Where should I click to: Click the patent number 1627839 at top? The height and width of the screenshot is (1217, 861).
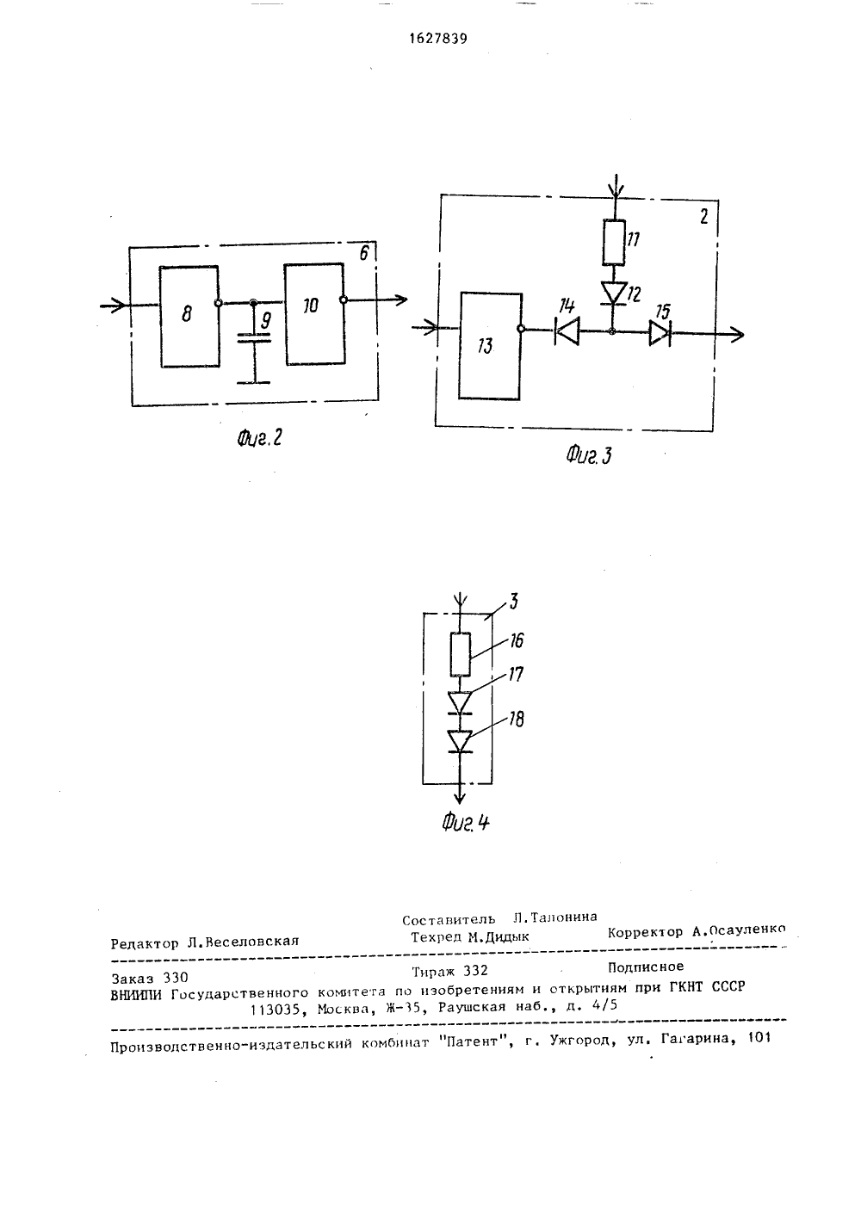coord(437,39)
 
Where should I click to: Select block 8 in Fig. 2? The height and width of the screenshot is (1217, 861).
coord(189,316)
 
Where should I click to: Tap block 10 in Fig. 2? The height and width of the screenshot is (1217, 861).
coord(315,313)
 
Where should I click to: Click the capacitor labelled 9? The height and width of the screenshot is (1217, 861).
coord(254,338)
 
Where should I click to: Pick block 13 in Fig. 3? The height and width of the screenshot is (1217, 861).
coord(490,346)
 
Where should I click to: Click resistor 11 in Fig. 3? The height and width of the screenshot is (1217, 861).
coord(614,242)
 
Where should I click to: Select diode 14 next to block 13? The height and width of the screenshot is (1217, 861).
coord(567,331)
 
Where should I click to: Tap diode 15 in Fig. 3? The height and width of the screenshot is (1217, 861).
coord(660,332)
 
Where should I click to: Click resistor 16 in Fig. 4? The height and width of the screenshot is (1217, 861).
coord(461,654)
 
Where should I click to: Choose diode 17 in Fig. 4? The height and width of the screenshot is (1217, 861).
coord(460,702)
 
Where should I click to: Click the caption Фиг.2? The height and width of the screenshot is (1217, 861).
coord(259,437)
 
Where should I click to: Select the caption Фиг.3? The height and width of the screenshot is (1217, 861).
coord(589,454)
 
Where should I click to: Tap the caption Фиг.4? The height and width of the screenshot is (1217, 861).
coord(466,822)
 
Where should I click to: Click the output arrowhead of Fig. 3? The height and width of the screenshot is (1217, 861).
coord(737,335)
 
